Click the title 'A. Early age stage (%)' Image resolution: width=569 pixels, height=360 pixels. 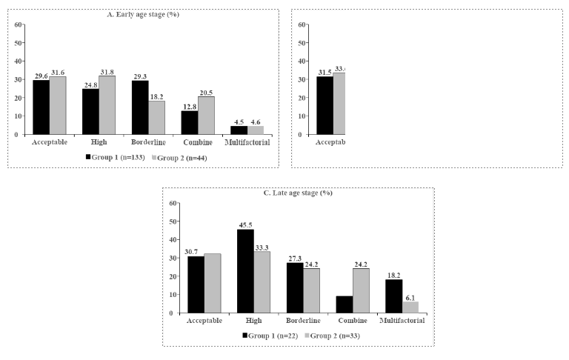(144, 14)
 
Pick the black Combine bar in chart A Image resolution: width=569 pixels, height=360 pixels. (190, 122)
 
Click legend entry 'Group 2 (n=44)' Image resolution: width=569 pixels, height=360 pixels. (181, 158)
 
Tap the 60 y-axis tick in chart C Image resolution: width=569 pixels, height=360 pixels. (172, 203)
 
